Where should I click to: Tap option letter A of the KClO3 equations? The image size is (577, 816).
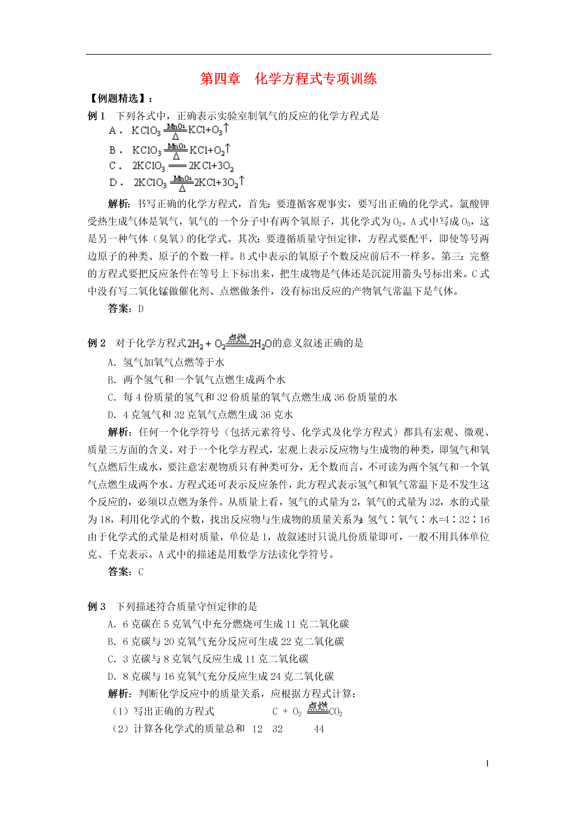pos(112,131)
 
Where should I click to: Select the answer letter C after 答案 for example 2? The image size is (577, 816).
pos(141,572)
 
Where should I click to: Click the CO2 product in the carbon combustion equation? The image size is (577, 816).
pos(335,712)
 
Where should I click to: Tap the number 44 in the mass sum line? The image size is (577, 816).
pos(319,729)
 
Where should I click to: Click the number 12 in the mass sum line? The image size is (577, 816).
pos(257,729)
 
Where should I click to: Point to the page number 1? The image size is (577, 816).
pos(487,763)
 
